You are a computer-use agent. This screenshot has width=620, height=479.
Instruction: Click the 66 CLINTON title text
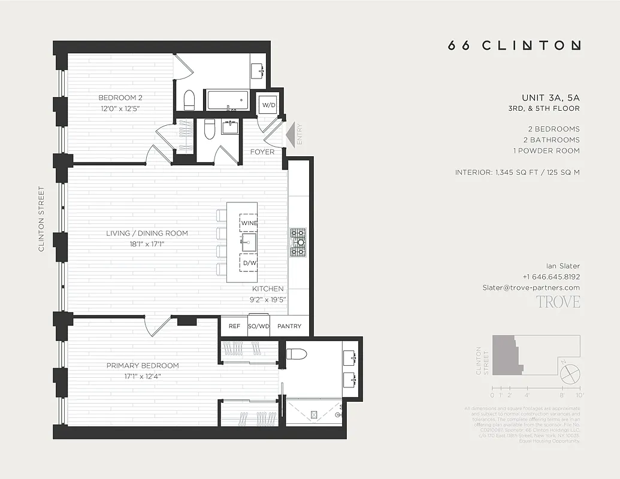[x=514, y=46]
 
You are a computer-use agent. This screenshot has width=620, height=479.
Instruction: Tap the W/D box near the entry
[x=268, y=105]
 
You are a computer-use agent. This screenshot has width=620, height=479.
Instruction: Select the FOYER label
[x=262, y=152]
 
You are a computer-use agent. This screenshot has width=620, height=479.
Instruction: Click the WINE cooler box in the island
[x=249, y=223]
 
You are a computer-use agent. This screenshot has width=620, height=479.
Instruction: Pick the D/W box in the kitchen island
[x=249, y=263]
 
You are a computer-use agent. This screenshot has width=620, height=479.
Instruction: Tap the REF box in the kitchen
[x=234, y=327]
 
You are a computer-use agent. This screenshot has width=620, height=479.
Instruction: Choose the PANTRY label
[x=289, y=327]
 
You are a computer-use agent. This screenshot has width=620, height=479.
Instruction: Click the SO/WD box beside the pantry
[x=258, y=327]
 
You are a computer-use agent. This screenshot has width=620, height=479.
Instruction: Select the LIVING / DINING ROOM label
[x=147, y=234]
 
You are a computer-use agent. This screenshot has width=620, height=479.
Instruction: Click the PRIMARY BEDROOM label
[x=143, y=365]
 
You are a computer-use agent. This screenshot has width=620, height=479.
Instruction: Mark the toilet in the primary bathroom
[x=297, y=353]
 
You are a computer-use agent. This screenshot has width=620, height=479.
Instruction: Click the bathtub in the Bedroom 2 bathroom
[x=227, y=100]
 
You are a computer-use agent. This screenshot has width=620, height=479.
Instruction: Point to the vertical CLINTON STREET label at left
[x=41, y=219]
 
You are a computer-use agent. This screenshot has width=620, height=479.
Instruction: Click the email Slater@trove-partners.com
[x=531, y=287]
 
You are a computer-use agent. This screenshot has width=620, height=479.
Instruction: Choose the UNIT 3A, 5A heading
[x=551, y=98]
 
